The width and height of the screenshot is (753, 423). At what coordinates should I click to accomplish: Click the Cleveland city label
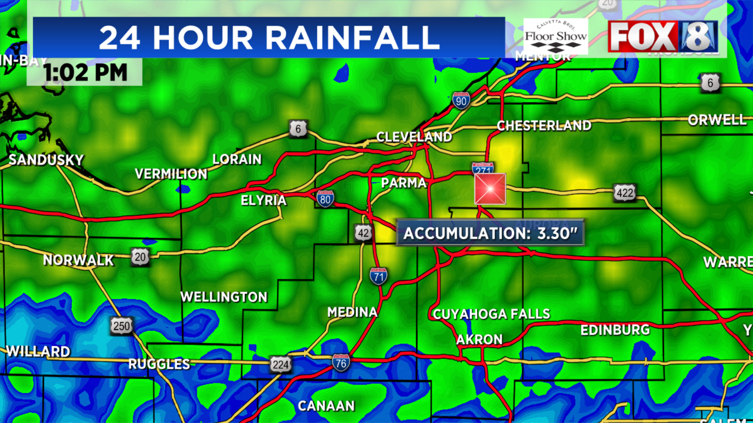click(x=414, y=137)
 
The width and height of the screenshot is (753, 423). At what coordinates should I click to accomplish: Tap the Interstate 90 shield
click(x=461, y=101)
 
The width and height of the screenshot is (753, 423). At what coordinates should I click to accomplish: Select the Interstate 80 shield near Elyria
click(x=325, y=199)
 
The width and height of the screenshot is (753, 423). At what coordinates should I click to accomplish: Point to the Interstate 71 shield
click(x=378, y=277)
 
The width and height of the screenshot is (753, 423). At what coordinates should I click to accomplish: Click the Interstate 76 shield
click(x=341, y=363)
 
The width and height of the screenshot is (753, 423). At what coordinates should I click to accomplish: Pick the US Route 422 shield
click(x=625, y=193)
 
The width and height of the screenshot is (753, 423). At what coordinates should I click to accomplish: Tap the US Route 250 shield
click(x=122, y=325)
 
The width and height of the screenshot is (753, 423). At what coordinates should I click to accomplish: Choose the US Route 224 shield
click(x=280, y=365)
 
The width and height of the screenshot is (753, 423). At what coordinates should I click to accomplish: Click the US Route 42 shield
click(x=363, y=233)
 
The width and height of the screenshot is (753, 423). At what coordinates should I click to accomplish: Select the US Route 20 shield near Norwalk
click(x=140, y=257)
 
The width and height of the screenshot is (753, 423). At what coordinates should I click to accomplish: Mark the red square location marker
click(x=490, y=189)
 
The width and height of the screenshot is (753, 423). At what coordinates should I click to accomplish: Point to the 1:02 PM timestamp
click(x=85, y=72)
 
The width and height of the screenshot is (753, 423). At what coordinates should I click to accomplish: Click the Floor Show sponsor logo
click(x=556, y=36)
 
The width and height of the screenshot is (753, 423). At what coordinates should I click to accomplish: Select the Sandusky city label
click(x=46, y=160)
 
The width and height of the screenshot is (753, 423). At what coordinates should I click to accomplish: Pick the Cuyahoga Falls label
click(x=491, y=314)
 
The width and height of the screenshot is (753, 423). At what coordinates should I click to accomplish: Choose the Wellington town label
click(x=224, y=297)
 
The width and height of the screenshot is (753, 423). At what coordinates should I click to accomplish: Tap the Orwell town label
click(x=717, y=120)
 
